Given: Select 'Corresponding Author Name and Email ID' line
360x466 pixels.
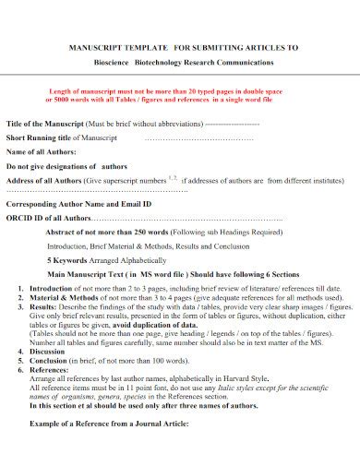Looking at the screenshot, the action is pos(78,203).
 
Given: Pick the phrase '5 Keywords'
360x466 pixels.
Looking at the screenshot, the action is pos(66,260).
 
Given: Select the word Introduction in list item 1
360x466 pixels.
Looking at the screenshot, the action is pos(50,289).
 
